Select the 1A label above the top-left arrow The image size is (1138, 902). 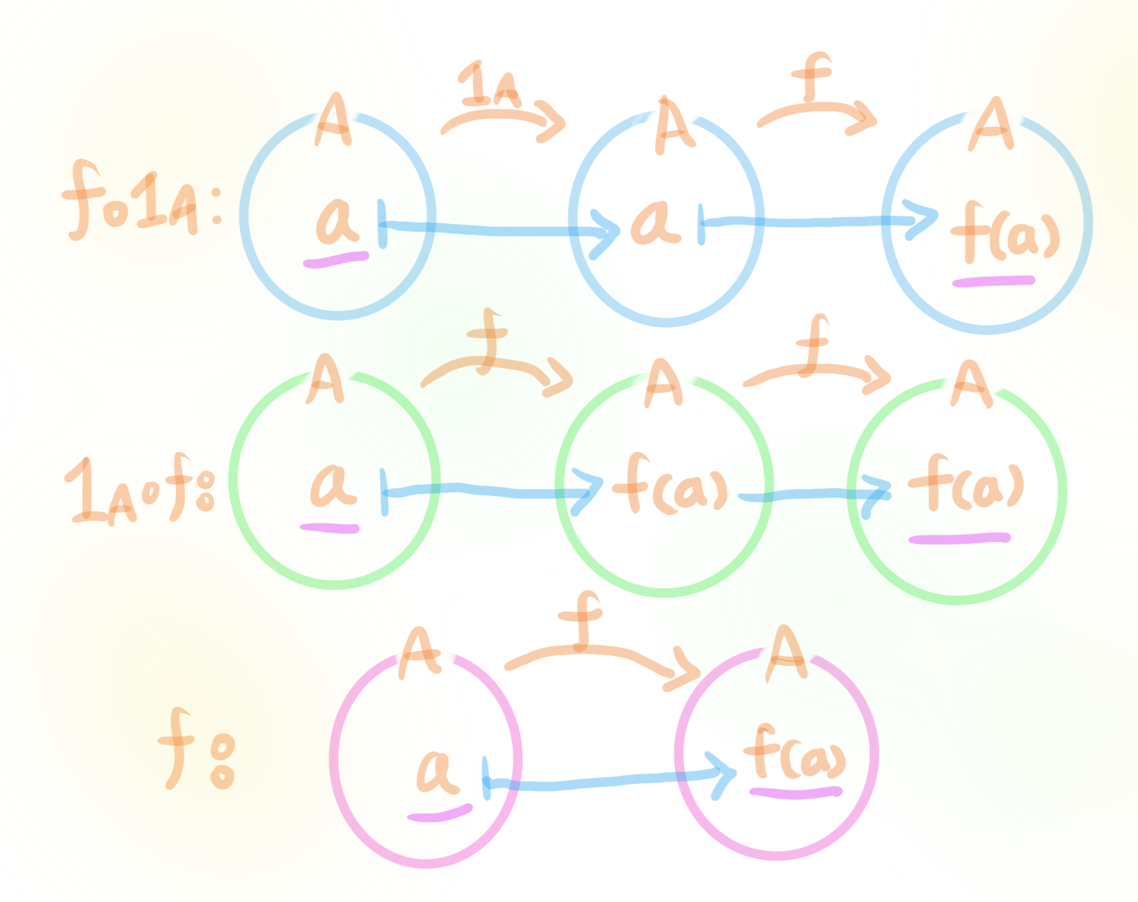coord(488,84)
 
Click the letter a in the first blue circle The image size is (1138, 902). coord(335,222)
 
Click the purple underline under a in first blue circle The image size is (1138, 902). coord(336,260)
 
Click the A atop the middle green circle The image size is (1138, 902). coord(663,384)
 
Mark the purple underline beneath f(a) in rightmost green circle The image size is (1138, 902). coord(959,539)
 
